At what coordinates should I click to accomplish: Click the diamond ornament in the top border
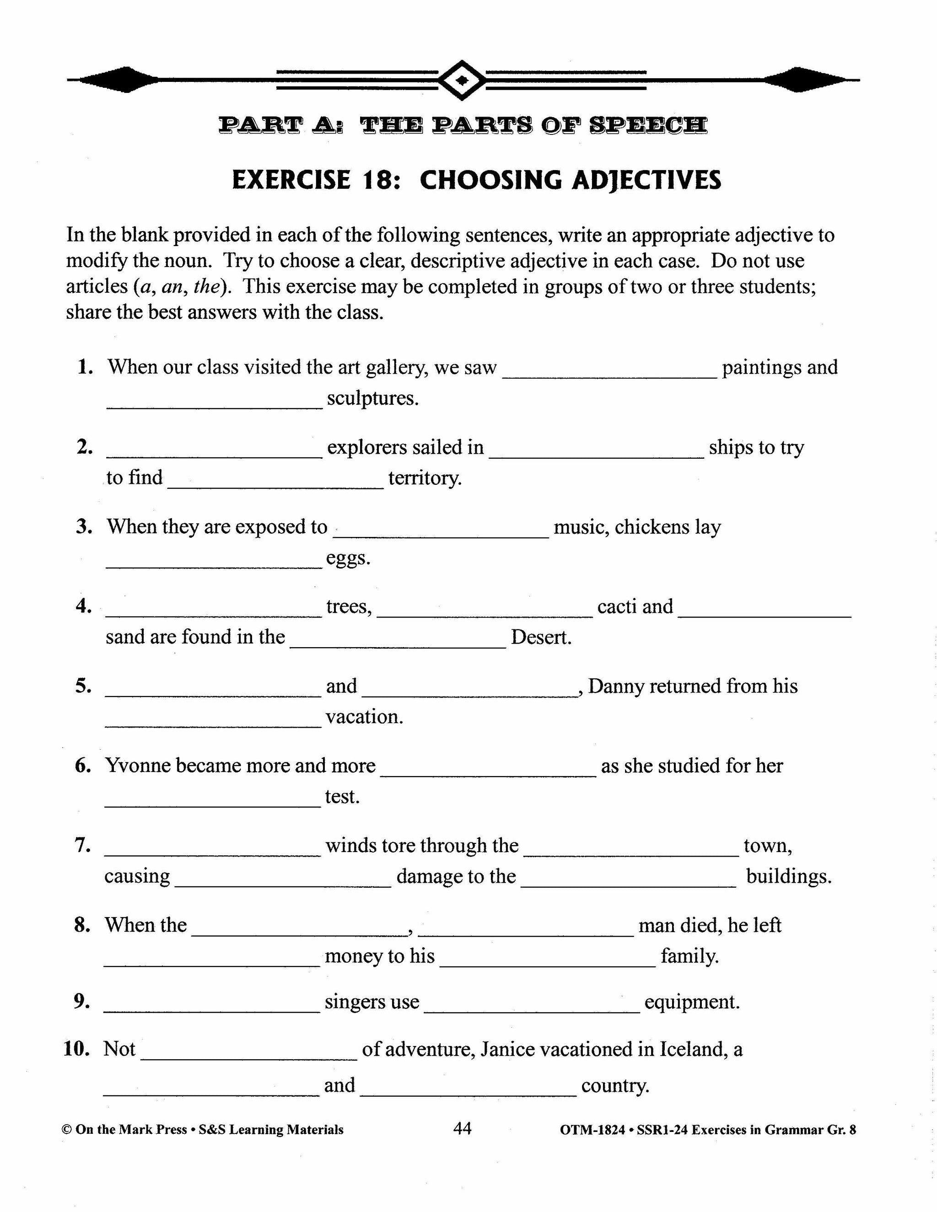coord(462,80)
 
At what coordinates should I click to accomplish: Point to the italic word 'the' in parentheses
coord(208,286)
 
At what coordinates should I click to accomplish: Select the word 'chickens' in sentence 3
coord(652,526)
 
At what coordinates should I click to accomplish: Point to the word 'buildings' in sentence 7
coord(788,876)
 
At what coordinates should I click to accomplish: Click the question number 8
coord(82,925)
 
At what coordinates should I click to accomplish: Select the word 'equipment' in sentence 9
coord(692,1002)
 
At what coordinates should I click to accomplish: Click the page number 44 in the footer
coord(463,1128)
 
